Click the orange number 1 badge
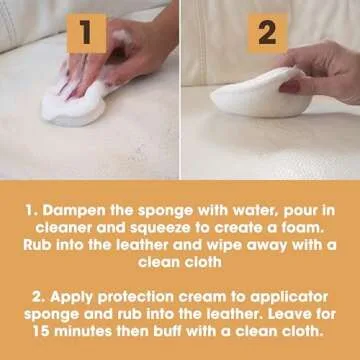pos(87,32)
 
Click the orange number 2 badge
pos(267,32)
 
